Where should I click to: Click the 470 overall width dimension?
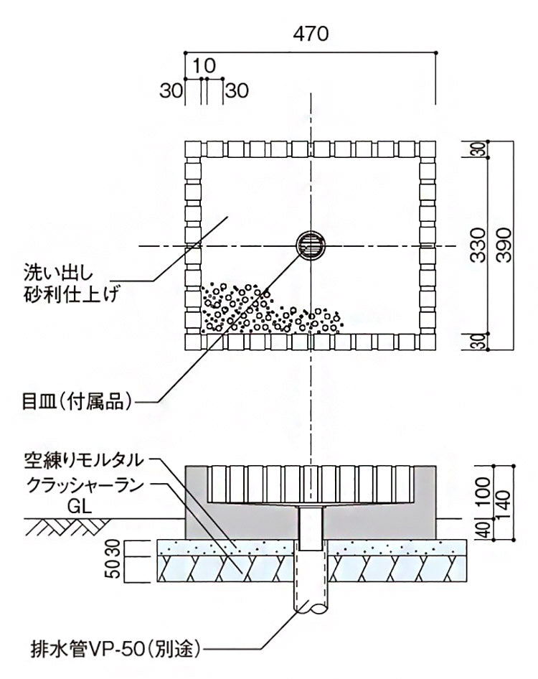[x=310, y=34]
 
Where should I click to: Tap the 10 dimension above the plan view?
[x=204, y=67]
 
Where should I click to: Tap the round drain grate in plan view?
[x=311, y=246]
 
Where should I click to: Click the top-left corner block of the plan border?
[x=194, y=149]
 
